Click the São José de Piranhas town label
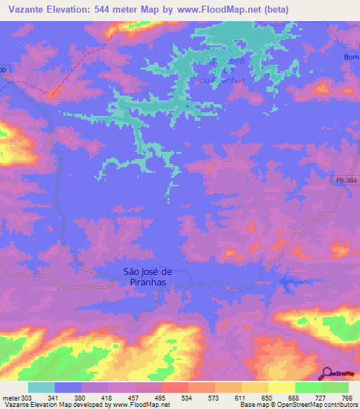(148, 276)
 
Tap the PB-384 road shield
(344, 181)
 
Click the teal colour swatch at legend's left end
(41, 387)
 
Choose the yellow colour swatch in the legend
(282, 387)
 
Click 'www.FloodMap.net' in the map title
(211, 10)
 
